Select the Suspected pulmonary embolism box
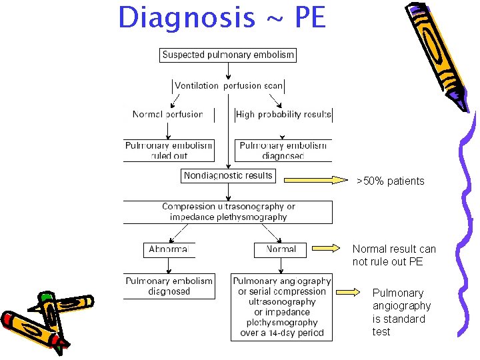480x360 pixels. pos(228,55)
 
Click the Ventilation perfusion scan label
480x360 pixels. pos(228,85)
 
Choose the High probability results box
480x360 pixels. pos(283,114)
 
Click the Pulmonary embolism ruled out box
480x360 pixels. pos(169,150)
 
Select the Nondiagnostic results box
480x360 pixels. pos(228,175)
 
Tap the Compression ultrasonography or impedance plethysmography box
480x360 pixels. pos(228,211)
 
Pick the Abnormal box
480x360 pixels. pos(169,249)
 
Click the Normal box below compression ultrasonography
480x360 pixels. pos(281,249)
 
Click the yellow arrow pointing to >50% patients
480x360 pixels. pos(316,179)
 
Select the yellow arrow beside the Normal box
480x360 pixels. pos(326,249)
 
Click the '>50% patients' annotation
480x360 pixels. pos(390,181)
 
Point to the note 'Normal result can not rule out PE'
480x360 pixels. pos(393,255)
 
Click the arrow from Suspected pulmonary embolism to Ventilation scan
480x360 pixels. pos(228,71)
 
